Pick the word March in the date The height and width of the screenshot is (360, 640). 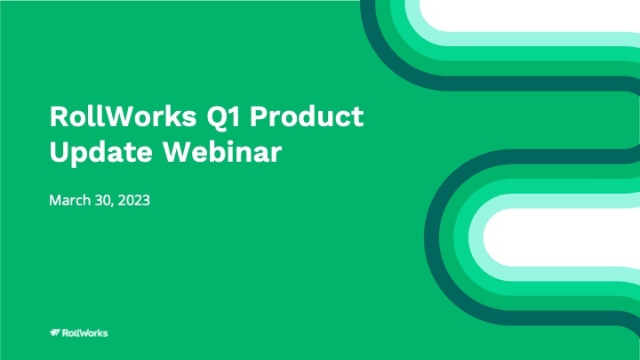(68, 201)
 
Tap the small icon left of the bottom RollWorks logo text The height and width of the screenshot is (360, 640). (54, 332)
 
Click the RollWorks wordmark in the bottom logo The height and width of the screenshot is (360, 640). (85, 332)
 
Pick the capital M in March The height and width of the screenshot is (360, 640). (54, 201)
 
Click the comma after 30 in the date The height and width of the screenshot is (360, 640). (112, 205)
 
